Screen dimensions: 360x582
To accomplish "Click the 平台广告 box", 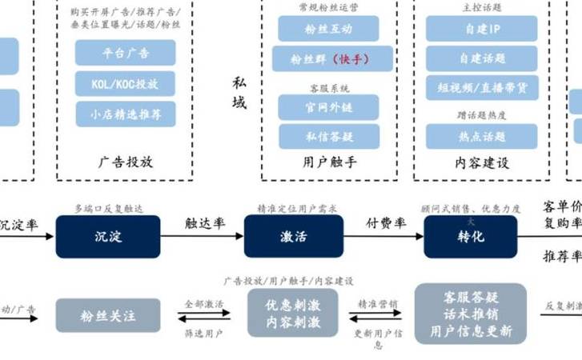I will pyautogui.click(x=126, y=53).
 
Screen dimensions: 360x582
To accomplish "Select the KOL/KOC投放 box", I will pyautogui.click(x=126, y=82).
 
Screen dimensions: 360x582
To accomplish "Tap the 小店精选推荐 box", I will pyautogui.click(x=126, y=113).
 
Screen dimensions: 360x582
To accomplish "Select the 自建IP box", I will pyautogui.click(x=481, y=29).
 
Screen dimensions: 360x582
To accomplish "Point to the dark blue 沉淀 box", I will pyautogui.click(x=107, y=236).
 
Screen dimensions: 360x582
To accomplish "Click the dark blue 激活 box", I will pyautogui.click(x=293, y=236).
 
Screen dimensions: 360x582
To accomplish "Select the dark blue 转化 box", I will pyautogui.click(x=470, y=236).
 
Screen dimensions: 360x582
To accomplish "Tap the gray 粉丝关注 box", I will pyautogui.click(x=107, y=315).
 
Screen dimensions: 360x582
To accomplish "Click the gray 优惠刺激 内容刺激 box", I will pyautogui.click(x=293, y=314).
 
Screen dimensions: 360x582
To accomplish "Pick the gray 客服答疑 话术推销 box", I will pyautogui.click(x=470, y=314).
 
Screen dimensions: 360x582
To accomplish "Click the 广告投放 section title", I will pyautogui.click(x=126, y=162).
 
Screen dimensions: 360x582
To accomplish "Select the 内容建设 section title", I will pyautogui.click(x=481, y=162).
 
